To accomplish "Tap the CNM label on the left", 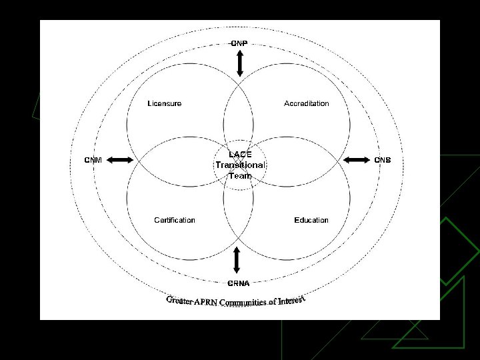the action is pyautogui.click(x=93, y=159).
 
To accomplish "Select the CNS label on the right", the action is pyautogui.click(x=382, y=159).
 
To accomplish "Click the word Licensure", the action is pyautogui.click(x=164, y=103).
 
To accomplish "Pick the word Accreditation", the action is pyautogui.click(x=307, y=103).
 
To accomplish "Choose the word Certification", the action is pyautogui.click(x=175, y=220).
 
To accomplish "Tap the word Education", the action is pyautogui.click(x=311, y=220).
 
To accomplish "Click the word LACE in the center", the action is pyautogui.click(x=240, y=154).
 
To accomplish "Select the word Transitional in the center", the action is pyautogui.click(x=240, y=165).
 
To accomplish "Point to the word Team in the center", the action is pyautogui.click(x=240, y=175).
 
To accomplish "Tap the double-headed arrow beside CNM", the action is pyautogui.click(x=121, y=159).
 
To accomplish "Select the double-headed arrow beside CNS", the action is pyautogui.click(x=355, y=159).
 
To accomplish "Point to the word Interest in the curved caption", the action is pyautogui.click(x=291, y=300).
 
